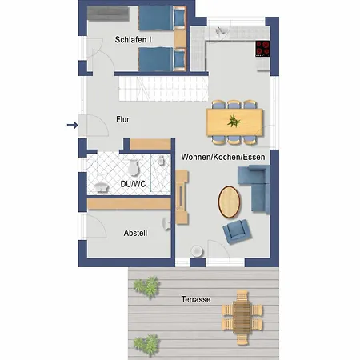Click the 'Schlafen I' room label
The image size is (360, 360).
click(133, 38)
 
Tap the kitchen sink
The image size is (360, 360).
click(222, 31)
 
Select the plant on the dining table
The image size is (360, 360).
click(234, 121)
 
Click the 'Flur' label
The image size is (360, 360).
click(122, 120)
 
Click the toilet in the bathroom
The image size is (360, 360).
click(135, 166)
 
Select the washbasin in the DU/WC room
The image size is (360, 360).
click(102, 188)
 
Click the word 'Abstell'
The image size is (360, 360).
click(135, 234)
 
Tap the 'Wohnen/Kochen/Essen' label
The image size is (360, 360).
click(223, 157)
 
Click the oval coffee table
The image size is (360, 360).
click(230, 200)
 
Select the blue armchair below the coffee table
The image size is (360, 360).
click(237, 231)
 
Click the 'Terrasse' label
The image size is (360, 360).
click(195, 299)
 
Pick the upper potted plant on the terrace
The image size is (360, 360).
click(146, 286)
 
